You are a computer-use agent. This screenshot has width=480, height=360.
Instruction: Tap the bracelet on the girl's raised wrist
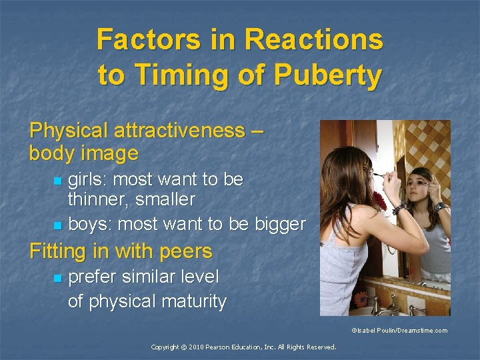399,209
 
